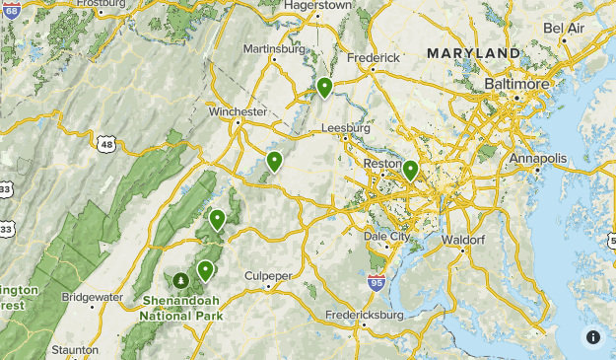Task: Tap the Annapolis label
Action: click(x=538, y=158)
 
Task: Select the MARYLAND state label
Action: click(x=473, y=52)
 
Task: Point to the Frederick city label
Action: click(x=373, y=57)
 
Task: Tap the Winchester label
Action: click(x=238, y=112)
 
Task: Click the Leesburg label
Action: click(x=345, y=128)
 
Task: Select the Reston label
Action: click(x=383, y=164)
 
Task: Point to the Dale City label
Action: click(x=387, y=237)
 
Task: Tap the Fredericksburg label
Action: click(x=365, y=315)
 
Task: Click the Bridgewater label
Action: click(x=92, y=296)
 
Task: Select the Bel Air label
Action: click(x=564, y=28)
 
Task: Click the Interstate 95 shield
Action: click(x=376, y=283)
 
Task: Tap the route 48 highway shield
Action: click(x=106, y=144)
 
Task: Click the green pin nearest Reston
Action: click(x=410, y=172)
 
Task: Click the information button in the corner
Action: click(x=593, y=337)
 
